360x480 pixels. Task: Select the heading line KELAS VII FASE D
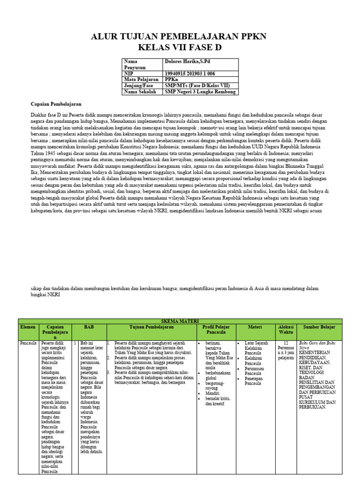pyautogui.click(x=180, y=48)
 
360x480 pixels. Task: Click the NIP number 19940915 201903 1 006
pyautogui.click(x=190, y=74)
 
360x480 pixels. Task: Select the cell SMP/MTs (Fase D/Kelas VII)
pyautogui.click(x=194, y=86)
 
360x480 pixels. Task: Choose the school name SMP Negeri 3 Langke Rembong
pyautogui.click(x=200, y=92)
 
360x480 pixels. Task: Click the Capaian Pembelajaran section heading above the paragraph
pyautogui.click(x=56, y=104)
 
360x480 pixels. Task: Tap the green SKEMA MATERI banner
pyautogui.click(x=180, y=321)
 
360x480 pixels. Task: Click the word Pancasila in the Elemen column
pyautogui.click(x=29, y=343)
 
